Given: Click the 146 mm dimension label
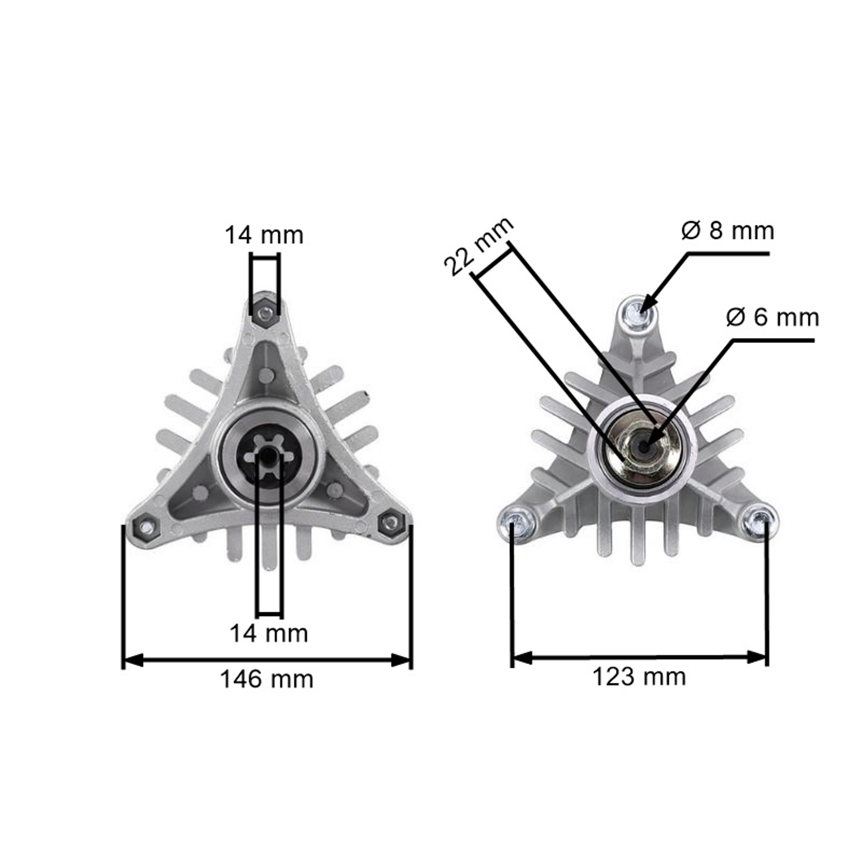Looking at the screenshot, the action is [x=267, y=680].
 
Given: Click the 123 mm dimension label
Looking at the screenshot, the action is [x=639, y=677].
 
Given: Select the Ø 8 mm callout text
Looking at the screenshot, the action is [x=728, y=231].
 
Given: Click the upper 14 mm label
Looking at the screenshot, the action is [x=264, y=235].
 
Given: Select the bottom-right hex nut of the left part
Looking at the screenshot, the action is [x=391, y=522].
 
